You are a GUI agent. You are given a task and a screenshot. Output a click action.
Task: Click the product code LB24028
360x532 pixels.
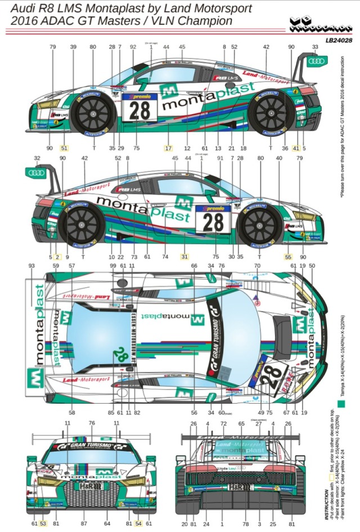(339, 40)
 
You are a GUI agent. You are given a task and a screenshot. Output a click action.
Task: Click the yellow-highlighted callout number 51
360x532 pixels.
(64, 148)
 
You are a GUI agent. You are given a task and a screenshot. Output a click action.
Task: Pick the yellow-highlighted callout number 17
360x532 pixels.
(168, 148)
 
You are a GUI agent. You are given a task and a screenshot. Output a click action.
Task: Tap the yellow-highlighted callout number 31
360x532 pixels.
(184, 256)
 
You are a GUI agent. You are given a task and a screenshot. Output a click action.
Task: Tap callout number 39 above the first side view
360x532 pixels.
(73, 47)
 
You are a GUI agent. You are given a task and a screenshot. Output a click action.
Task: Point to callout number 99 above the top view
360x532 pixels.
(113, 265)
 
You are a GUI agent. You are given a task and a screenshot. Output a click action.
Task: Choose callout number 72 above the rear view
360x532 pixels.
(223, 423)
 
